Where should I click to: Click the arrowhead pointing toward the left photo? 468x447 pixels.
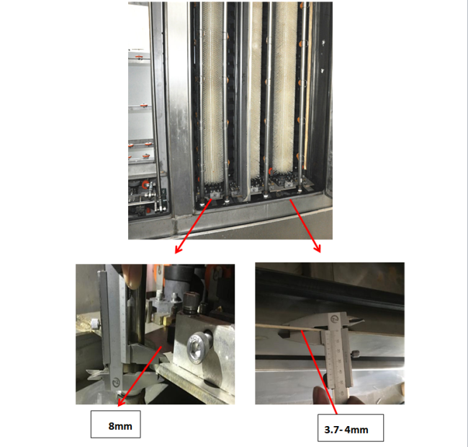[x=178, y=249]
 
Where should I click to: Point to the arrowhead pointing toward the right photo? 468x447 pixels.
[x=318, y=249]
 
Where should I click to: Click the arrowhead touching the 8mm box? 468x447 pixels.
[x=121, y=402]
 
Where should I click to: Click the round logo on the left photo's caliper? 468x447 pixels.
[x=116, y=382]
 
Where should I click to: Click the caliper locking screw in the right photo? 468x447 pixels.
[x=355, y=355]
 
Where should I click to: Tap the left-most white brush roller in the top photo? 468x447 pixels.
[x=212, y=92]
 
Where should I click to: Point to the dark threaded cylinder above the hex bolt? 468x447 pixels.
[x=191, y=303]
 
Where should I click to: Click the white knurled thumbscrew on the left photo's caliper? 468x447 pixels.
[x=94, y=324]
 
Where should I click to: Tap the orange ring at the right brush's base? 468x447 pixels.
[x=271, y=172]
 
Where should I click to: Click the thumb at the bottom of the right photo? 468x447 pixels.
[x=322, y=396]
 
